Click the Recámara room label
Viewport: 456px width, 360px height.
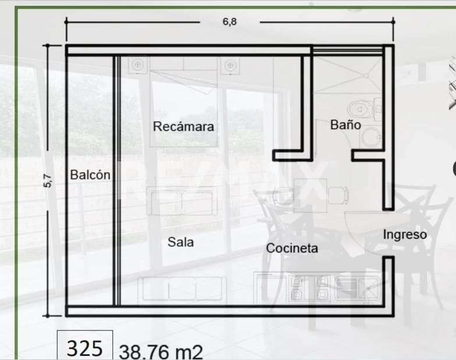pyautogui.click(x=183, y=126)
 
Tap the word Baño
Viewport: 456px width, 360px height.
pyautogui.click(x=345, y=125)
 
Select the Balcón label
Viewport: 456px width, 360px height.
pyautogui.click(x=90, y=174)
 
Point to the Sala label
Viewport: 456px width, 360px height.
pyautogui.click(x=181, y=242)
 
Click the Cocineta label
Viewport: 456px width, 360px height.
pyautogui.click(x=292, y=248)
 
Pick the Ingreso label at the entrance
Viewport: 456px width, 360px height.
pyautogui.click(x=405, y=235)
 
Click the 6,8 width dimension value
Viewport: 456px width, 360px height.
pyautogui.click(x=230, y=22)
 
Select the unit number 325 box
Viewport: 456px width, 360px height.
pyautogui.click(x=85, y=348)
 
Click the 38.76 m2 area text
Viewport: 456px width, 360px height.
pyautogui.click(x=161, y=352)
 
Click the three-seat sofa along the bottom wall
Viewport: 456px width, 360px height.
pyautogui.click(x=182, y=289)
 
